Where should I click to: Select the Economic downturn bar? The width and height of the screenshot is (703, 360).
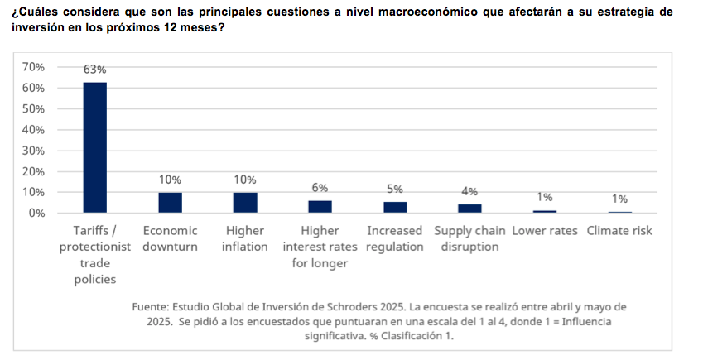tap(170, 203)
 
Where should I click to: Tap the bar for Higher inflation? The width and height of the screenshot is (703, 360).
tap(245, 203)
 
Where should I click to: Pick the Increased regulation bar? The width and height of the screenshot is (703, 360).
tap(395, 207)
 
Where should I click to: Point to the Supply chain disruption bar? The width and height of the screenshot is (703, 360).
tap(469, 209)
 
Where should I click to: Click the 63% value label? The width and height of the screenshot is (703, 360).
tap(94, 70)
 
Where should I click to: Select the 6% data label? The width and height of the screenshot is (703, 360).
tap(320, 188)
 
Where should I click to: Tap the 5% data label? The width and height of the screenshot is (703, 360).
tap(395, 190)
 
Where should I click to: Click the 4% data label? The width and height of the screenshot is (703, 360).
tap(469, 192)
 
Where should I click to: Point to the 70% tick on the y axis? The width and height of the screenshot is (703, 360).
tap(33, 67)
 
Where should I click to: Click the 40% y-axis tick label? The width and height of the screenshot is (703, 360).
tap(33, 130)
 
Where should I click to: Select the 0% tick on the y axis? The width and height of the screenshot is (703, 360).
tap(36, 213)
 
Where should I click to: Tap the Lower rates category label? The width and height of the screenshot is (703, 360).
tap(545, 231)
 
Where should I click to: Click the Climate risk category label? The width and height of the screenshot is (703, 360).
tap(619, 231)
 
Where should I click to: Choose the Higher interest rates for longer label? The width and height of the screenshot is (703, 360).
tap(320, 247)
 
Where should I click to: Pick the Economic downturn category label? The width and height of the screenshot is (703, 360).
tap(170, 238)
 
